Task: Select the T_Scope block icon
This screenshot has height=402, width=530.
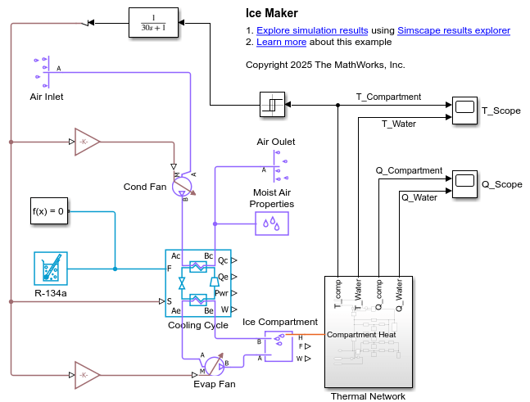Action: [x=464, y=111]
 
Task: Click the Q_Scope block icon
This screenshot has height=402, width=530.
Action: [x=464, y=183]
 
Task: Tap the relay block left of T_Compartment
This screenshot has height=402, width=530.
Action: [x=272, y=104]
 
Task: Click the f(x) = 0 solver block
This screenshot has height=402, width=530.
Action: [x=47, y=211]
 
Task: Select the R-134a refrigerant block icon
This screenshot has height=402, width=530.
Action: [x=51, y=268]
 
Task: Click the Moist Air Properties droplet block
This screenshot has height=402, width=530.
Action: [x=272, y=223]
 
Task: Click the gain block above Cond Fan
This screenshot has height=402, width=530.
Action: [x=86, y=141]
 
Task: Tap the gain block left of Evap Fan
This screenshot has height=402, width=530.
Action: [x=86, y=374]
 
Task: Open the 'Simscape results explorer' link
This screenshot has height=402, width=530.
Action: [x=454, y=30]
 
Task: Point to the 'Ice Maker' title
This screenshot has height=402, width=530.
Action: [x=272, y=13]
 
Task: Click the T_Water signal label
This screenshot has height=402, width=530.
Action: [x=399, y=124]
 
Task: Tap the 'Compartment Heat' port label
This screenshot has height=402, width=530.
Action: [x=361, y=334]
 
